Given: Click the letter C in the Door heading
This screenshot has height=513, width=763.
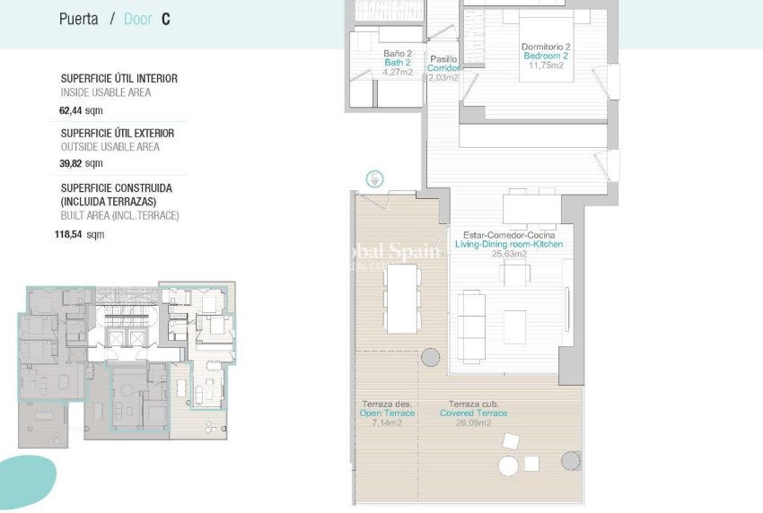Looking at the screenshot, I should [166, 19].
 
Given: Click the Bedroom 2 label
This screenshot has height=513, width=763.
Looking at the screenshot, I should [546, 56].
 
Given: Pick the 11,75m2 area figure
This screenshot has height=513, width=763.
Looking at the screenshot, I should [546, 65].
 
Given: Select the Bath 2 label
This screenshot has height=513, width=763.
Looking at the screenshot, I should [397, 63].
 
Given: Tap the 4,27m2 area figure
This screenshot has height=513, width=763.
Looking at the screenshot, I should [397, 72].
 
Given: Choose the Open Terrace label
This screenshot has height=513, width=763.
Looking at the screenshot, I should [388, 413].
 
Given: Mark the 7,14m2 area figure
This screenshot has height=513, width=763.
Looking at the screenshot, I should [388, 422].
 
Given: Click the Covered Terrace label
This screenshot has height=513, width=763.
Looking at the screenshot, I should [473, 413].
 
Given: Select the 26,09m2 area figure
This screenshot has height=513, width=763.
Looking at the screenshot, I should [473, 422].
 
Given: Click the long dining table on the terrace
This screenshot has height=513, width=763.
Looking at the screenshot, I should [401, 299].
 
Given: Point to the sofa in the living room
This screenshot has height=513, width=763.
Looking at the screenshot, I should [471, 322].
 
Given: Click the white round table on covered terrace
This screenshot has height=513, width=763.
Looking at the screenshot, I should [508, 466].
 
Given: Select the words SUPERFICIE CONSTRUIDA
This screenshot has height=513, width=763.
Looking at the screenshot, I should [116, 188].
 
